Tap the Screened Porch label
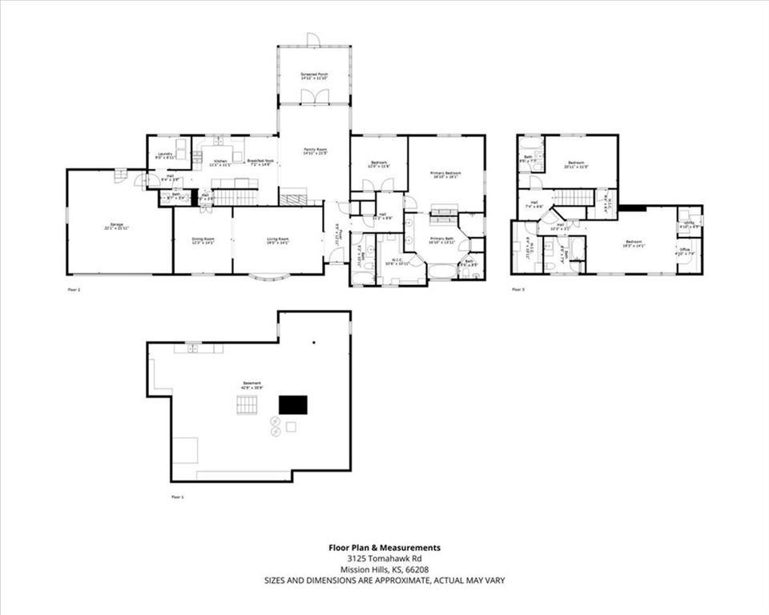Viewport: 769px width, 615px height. tap(314, 75)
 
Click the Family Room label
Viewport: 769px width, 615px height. tap(314, 150)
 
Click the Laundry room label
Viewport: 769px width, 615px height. tap(165, 155)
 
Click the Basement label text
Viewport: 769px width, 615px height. tap(252, 384)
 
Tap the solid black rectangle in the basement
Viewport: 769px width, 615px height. tap(292, 405)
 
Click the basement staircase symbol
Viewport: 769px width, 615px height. tap(247, 405)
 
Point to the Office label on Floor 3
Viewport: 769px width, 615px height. tap(685, 251)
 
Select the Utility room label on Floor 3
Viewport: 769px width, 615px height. tap(689, 223)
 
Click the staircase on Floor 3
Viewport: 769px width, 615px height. tap(573, 197)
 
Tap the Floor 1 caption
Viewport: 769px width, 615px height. tap(178, 497)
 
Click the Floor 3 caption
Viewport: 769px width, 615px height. tap(518, 289)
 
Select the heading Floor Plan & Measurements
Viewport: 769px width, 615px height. tap(384, 548)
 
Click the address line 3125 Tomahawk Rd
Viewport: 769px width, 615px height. tap(384, 558)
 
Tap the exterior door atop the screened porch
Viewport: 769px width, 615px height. tap(314, 40)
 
